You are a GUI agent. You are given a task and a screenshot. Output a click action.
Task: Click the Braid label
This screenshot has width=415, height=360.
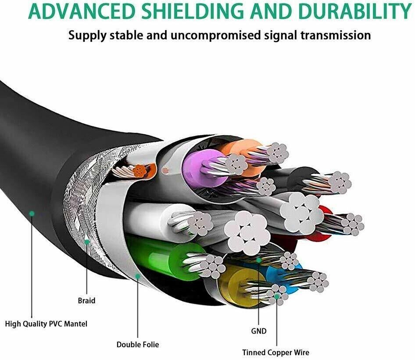click(x=86, y=301)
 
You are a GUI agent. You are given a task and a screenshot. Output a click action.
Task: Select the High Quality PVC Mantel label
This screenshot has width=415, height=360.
click(x=46, y=324)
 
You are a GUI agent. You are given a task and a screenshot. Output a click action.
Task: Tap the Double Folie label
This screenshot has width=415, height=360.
click(x=138, y=345)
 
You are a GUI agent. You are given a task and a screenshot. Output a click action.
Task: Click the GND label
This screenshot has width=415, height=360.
click(x=259, y=331)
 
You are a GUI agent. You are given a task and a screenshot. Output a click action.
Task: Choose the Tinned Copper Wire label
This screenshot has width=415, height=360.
click(x=276, y=353)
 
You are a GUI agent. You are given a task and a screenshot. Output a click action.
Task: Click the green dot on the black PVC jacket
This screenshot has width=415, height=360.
click(x=32, y=214)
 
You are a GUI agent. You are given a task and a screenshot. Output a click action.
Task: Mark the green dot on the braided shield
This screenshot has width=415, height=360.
click(x=87, y=241)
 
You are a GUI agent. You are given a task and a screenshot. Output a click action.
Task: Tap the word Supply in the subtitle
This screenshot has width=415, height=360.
click(x=87, y=35)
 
